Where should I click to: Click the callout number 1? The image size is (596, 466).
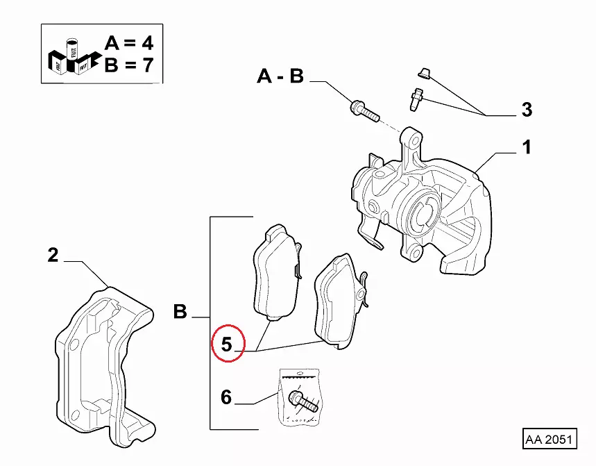527,147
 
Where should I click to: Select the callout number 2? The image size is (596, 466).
53,255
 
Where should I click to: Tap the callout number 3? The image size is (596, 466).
527,110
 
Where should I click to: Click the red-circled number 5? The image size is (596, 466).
228,344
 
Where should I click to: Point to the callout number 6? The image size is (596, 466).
226,398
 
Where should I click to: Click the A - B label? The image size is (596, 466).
280,76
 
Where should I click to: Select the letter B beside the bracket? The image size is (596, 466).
180,313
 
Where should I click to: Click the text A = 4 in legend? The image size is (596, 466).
128,43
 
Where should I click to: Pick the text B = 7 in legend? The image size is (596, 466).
128,67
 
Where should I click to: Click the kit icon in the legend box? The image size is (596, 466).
70,56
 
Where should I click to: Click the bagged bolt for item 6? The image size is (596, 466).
300,401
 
